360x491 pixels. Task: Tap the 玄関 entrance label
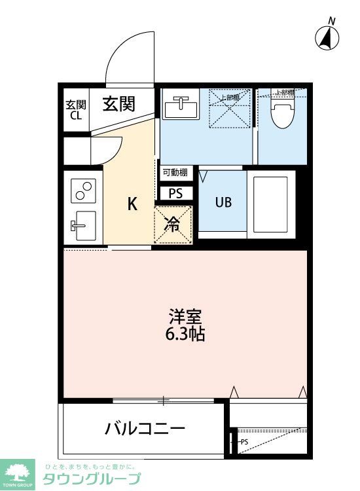point(118,104)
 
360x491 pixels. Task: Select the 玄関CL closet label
point(75,110)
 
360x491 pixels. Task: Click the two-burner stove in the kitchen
point(83,190)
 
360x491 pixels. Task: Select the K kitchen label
point(132,204)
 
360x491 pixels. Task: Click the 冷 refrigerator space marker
point(173,225)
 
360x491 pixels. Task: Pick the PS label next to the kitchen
point(176,194)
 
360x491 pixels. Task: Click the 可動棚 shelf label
point(175,173)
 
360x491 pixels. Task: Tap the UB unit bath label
point(223,202)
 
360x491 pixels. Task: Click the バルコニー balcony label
point(145,429)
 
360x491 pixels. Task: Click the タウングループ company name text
point(91,479)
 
